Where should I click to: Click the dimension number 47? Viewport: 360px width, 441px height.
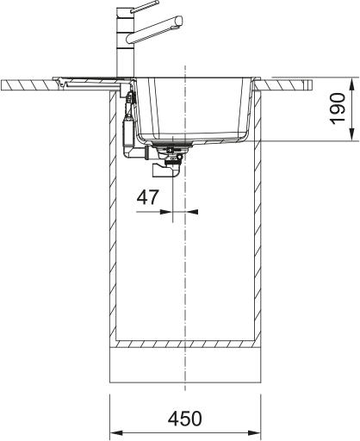(147, 197)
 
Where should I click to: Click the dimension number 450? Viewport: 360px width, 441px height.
(184, 419)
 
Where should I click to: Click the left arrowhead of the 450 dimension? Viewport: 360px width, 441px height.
(115, 432)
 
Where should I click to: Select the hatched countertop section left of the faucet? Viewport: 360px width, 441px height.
(30, 85)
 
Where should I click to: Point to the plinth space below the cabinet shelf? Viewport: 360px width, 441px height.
(184, 366)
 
